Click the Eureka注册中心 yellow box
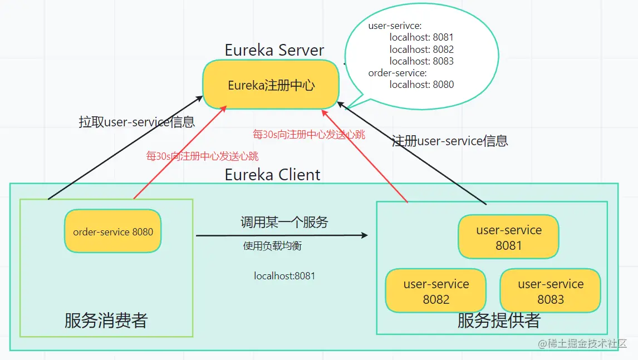pyautogui.click(x=271, y=85)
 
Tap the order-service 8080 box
pyautogui.click(x=112, y=231)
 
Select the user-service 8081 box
pyautogui.click(x=508, y=238)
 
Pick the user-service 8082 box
pyautogui.click(x=436, y=291)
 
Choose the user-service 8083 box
pyautogui.click(x=550, y=291)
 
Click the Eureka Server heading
pyautogui.click(x=274, y=50)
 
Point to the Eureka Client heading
pyautogui.click(x=272, y=175)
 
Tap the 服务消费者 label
pyautogui.click(x=106, y=320)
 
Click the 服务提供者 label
pyautogui.click(x=498, y=320)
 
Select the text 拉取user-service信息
pyautogui.click(x=137, y=122)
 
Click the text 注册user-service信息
pyautogui.click(x=450, y=141)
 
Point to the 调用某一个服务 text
pyautogui.click(x=284, y=223)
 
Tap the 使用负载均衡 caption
pyautogui.click(x=272, y=245)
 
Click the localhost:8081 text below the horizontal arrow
pyautogui.click(x=284, y=275)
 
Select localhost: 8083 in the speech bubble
pyautogui.click(x=421, y=61)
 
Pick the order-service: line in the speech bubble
pyautogui.click(x=397, y=73)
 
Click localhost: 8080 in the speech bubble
pyautogui.click(x=421, y=85)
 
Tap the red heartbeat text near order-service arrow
pyautogui.click(x=202, y=156)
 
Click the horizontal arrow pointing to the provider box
pyautogui.click(x=281, y=235)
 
